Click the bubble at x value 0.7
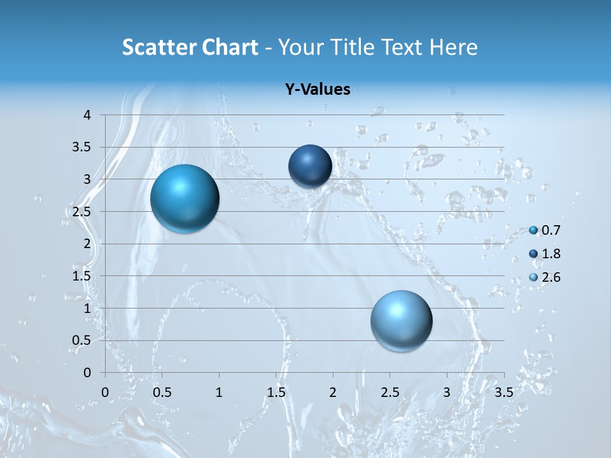click(185, 198)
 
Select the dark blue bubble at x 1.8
click(310, 166)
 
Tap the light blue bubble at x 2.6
click(401, 321)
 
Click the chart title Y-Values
click(318, 90)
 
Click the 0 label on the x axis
click(105, 392)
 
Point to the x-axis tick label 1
click(219, 392)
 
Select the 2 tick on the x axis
click(333, 392)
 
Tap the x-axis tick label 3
click(447, 392)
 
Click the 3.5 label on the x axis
click(503, 392)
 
